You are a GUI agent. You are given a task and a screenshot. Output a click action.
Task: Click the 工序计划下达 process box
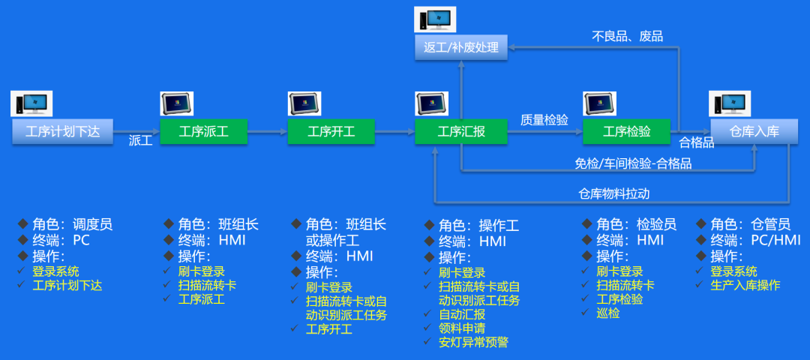pyautogui.click(x=62, y=131)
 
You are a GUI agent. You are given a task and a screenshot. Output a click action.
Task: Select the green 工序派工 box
pyautogui.click(x=203, y=131)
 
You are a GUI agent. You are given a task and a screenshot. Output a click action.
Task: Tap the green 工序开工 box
pyautogui.click(x=331, y=131)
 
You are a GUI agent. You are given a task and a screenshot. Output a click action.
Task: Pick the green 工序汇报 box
pyautogui.click(x=461, y=131)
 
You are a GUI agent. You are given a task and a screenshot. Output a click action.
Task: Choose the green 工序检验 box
pyautogui.click(x=627, y=131)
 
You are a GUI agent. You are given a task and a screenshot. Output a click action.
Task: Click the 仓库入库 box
pyautogui.click(x=754, y=131)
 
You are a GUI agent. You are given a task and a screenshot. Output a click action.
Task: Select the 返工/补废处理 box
pyautogui.click(x=461, y=46)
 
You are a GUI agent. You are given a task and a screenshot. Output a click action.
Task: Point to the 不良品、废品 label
pyautogui.click(x=627, y=36)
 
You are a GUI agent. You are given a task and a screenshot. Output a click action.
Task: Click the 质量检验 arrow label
pyautogui.click(x=544, y=120)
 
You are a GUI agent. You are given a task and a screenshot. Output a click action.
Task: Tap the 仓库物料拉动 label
pyautogui.click(x=613, y=193)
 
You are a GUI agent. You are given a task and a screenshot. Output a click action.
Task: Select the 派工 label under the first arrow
pyautogui.click(x=140, y=140)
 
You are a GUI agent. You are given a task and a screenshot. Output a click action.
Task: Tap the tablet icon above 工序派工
pyautogui.click(x=177, y=103)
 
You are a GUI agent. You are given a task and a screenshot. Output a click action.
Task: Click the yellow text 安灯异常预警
pyautogui.click(x=473, y=342)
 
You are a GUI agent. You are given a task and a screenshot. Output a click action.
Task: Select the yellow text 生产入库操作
pyautogui.click(x=745, y=285)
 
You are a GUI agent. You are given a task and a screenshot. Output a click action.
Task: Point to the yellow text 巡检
pyautogui.click(x=608, y=313)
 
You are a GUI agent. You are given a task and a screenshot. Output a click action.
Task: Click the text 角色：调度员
pyautogui.click(x=72, y=224)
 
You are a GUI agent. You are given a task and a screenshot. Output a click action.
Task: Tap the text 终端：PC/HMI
pyautogui.click(x=754, y=240)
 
